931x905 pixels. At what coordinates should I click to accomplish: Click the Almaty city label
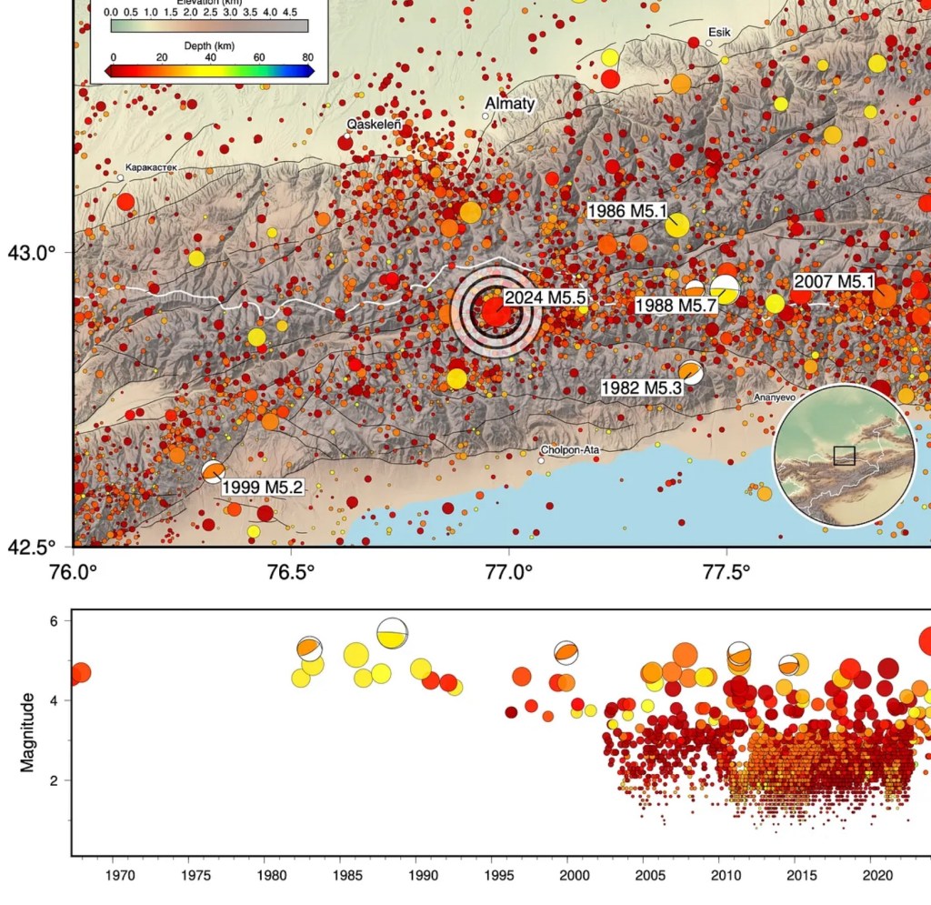click(510, 104)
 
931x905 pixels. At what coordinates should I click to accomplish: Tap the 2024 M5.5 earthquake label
click(546, 297)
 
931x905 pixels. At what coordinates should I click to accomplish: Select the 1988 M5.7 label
click(676, 305)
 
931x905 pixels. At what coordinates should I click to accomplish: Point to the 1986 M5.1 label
click(628, 212)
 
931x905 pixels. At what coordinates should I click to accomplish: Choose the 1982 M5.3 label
click(641, 387)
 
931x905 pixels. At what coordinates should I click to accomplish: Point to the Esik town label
click(718, 31)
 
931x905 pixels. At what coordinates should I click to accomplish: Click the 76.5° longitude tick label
click(290, 573)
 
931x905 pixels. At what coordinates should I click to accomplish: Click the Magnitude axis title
click(27, 732)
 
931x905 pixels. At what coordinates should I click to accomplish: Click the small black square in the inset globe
click(844, 455)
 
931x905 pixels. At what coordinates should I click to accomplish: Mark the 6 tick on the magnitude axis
click(53, 621)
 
